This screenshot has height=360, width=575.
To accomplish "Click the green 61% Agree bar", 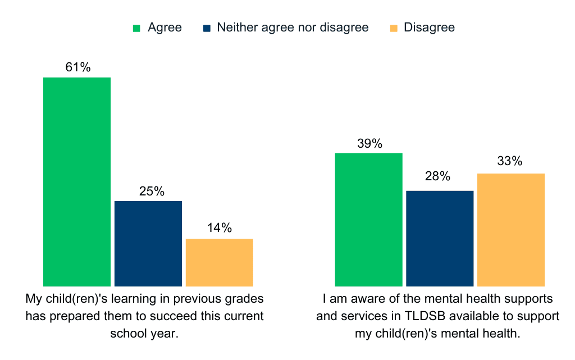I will [77, 181].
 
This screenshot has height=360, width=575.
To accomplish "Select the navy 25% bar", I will [148, 243].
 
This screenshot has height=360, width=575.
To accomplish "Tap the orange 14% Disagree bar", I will [219, 262].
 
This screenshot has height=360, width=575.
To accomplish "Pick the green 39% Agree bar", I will [369, 220].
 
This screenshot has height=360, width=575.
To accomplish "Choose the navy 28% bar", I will [440, 238].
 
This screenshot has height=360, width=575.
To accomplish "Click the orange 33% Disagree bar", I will [511, 230].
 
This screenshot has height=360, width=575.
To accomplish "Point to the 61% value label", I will [77, 67].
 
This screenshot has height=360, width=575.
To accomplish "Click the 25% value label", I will [152, 192].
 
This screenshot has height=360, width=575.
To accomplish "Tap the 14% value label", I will [219, 228].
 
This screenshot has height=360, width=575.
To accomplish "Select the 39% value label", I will [369, 144].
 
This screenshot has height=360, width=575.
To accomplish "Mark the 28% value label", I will [437, 176].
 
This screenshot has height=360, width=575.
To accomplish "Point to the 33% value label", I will [509, 161].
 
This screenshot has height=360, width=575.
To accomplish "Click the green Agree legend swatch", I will [136, 28].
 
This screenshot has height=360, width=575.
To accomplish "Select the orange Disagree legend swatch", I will [394, 28].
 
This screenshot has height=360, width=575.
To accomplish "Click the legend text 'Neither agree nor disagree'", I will [293, 28].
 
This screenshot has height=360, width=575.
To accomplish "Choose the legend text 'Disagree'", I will [429, 28].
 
